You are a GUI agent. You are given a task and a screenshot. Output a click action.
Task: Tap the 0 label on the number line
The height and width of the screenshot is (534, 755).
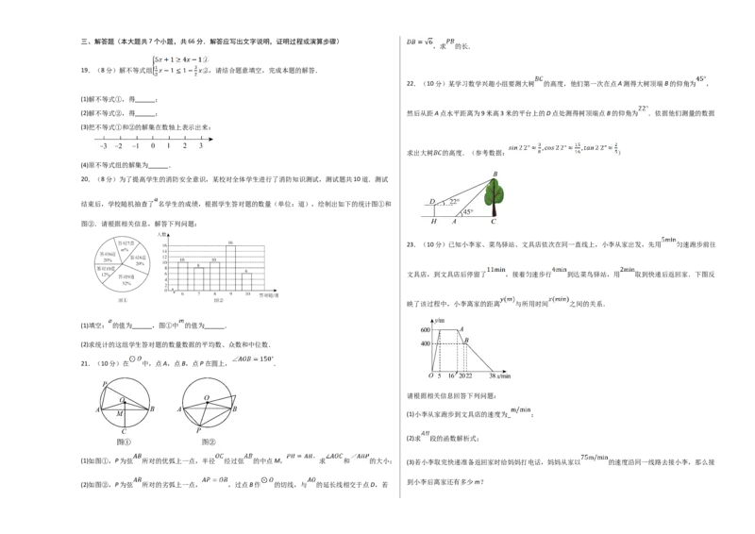coord(152,147)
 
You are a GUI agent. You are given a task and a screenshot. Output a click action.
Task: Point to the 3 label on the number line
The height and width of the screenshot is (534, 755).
coord(200,147)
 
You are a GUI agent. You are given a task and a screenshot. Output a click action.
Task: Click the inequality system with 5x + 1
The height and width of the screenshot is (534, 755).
coord(181,63)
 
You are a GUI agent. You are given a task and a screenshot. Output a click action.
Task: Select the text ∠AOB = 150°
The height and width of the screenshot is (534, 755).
coord(253,359)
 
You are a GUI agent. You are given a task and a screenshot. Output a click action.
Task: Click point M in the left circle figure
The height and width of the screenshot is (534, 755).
coord(119,413)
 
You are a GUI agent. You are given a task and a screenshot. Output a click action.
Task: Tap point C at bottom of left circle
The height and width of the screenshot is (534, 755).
coord(124,431)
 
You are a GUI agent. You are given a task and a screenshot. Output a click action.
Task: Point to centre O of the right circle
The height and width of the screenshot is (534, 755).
coord(207,398)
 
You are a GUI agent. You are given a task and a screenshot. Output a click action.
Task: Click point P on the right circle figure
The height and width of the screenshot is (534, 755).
coord(199,429)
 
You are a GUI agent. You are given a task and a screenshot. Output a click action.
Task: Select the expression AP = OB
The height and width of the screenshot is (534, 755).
coord(215,479)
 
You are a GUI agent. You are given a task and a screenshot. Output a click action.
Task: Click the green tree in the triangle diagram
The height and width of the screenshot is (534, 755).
coord(494,196)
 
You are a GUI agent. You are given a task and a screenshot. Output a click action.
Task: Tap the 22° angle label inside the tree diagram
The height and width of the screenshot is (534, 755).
coord(454,202)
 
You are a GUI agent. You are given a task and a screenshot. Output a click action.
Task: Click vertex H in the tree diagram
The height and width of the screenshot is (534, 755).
coord(433,222)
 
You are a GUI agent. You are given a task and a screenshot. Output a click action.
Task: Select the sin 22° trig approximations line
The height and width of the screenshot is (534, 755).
coord(562,147)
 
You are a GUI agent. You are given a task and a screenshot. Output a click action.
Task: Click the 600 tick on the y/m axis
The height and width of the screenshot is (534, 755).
coord(425,329)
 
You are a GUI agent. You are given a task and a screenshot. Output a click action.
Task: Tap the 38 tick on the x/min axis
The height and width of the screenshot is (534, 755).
coord(493,375)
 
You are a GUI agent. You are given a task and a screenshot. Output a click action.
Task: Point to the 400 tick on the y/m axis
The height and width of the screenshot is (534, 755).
coord(425,343)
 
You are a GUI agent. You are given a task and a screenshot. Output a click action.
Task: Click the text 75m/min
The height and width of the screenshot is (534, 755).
coord(593,457)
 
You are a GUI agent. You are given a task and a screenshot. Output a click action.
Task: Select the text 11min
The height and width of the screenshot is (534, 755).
coord(495,269)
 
